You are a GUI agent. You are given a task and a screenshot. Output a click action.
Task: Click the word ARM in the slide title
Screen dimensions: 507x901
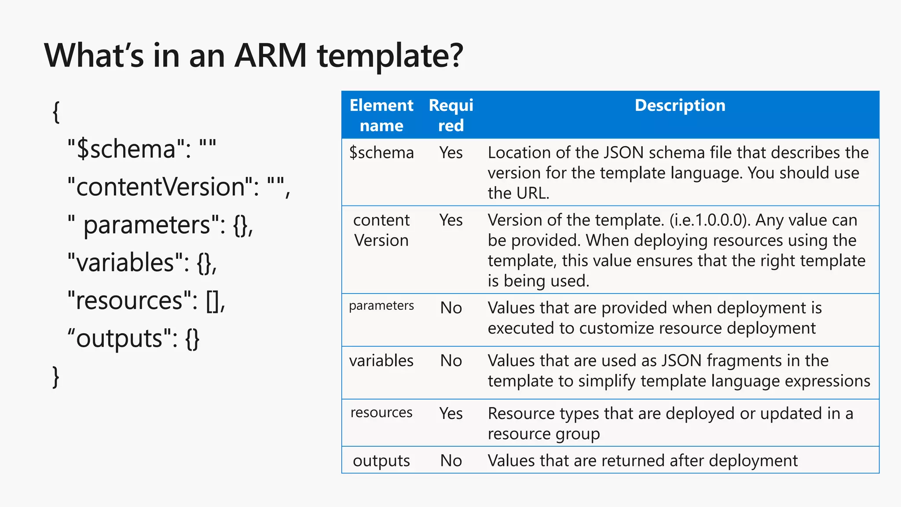point(270,56)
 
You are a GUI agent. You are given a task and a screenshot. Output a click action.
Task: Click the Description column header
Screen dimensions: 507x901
point(680,106)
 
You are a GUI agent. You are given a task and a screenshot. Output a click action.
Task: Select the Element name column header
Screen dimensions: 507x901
point(381,115)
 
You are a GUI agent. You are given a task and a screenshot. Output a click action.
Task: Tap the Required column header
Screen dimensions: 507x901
point(451,115)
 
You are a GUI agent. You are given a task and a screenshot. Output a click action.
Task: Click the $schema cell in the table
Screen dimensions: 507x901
point(381,153)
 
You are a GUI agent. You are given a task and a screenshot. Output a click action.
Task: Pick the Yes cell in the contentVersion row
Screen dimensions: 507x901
point(451,220)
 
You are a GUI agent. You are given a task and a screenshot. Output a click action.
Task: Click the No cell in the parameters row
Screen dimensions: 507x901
point(451,308)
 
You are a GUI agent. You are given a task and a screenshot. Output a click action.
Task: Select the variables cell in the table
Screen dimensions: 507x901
point(381,361)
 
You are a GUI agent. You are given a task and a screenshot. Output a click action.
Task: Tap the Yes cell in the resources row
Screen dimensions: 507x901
point(451,414)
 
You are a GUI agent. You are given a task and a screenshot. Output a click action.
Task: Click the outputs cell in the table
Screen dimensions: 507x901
point(381,461)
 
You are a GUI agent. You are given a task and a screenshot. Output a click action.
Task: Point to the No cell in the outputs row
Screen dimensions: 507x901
point(451,461)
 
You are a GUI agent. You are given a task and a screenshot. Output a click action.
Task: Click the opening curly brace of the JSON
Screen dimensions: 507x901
point(56,112)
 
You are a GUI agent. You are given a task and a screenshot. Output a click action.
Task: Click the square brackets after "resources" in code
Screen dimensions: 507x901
point(213,301)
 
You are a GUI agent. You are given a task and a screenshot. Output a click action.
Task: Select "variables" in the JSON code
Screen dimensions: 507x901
point(125,263)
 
